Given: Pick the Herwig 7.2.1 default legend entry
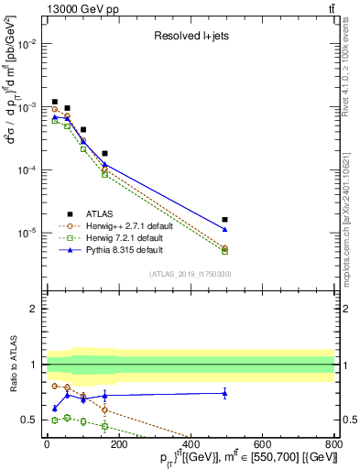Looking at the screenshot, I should [x=117, y=236].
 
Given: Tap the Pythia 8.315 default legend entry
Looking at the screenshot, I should [x=117, y=249].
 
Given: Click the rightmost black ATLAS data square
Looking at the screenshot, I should [x=225, y=220].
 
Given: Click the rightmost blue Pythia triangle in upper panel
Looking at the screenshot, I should [x=225, y=228].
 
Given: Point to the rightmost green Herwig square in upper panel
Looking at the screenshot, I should [x=225, y=250].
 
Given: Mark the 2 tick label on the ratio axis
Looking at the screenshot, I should [x=35, y=309].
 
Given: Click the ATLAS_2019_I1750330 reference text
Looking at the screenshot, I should [x=190, y=274].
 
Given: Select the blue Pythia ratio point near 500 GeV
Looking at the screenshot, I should [x=225, y=393].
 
